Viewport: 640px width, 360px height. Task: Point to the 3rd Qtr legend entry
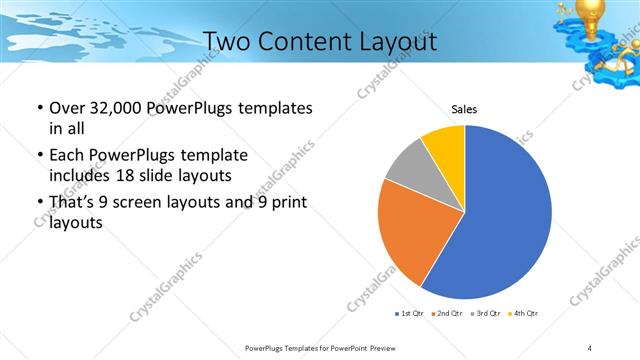pyautogui.click(x=486, y=313)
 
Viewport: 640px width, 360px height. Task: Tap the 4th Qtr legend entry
pyautogui.click(x=524, y=313)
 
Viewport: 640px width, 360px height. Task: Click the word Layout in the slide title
pyautogui.click(x=399, y=42)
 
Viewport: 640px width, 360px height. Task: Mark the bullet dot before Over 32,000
pyautogui.click(x=39, y=108)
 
